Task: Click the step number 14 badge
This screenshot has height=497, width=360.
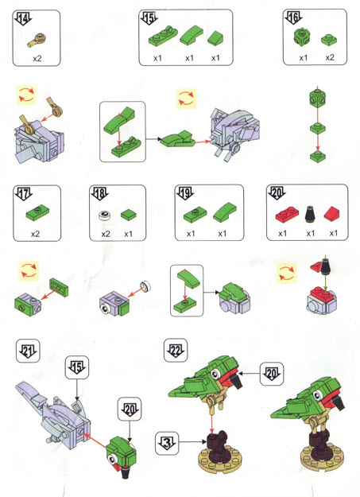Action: pyautogui.click(x=23, y=19)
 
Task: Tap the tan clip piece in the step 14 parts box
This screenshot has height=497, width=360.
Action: pyautogui.click(x=37, y=40)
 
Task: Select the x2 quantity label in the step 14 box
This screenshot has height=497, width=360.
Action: pyautogui.click(x=37, y=59)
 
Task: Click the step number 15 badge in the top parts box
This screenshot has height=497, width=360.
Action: pyautogui.click(x=149, y=18)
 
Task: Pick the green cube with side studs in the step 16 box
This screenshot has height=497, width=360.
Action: pyautogui.click(x=302, y=37)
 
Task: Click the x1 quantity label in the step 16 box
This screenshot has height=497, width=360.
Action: pyautogui.click(x=304, y=58)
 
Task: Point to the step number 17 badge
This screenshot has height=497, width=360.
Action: pyautogui.click(x=24, y=194)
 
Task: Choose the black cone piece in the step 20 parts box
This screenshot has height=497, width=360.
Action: pyautogui.click(x=310, y=213)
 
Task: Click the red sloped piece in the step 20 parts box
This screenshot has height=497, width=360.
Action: pyautogui.click(x=332, y=214)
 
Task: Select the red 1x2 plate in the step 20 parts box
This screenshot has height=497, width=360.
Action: pyautogui.click(x=287, y=214)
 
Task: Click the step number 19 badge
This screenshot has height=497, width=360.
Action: pyautogui.click(x=185, y=193)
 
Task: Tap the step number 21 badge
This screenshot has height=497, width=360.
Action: pyautogui.click(x=28, y=351)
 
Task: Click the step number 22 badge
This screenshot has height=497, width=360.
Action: pyautogui.click(x=176, y=350)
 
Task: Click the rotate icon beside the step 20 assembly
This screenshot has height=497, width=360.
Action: pyautogui.click(x=286, y=274)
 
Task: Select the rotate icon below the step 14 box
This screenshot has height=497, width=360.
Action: pyautogui.click(x=26, y=95)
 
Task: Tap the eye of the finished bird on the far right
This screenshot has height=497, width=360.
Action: pyautogui.click(x=317, y=395)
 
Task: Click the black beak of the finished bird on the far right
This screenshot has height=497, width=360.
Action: pyautogui.click(x=339, y=403)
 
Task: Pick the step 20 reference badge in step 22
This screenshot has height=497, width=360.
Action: pyautogui.click(x=272, y=374)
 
